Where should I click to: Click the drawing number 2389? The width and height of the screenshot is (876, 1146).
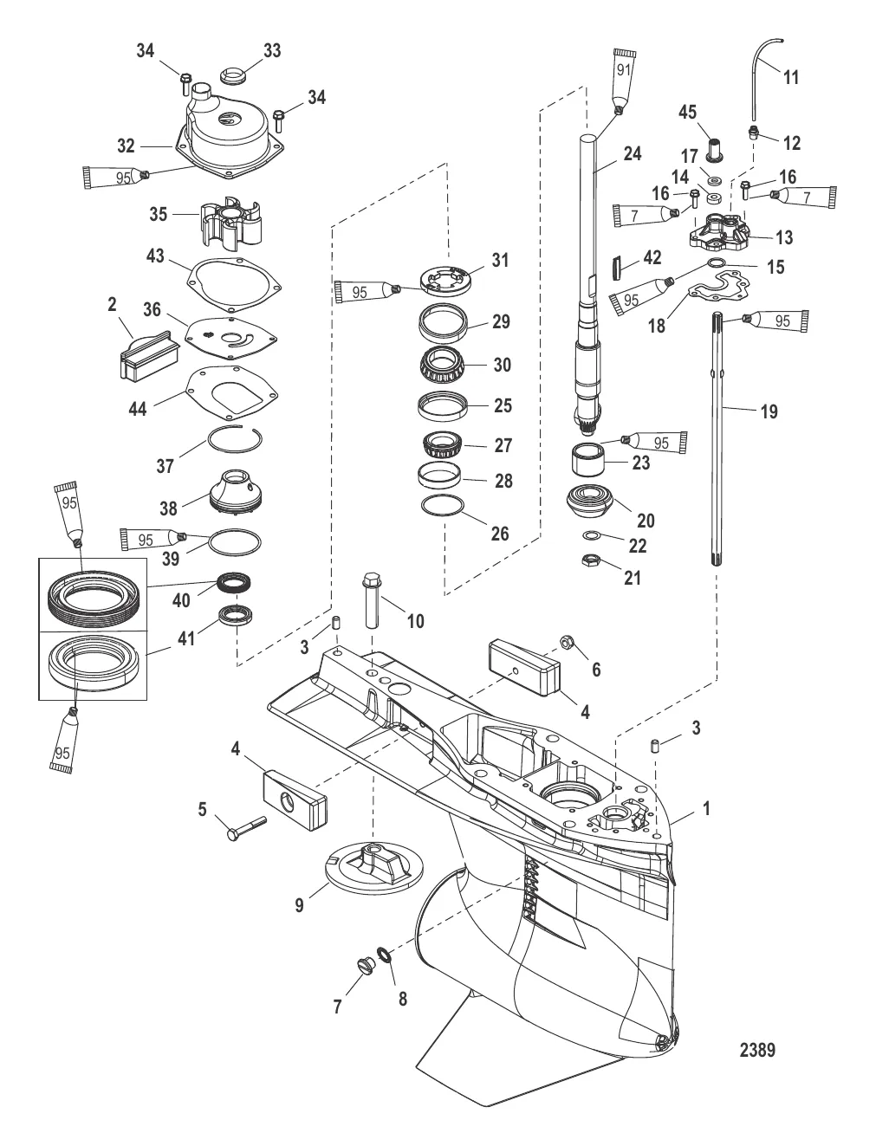tap(756, 1050)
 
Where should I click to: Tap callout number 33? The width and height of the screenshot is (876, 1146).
tap(271, 51)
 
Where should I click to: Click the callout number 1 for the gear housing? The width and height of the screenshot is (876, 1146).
tap(706, 809)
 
